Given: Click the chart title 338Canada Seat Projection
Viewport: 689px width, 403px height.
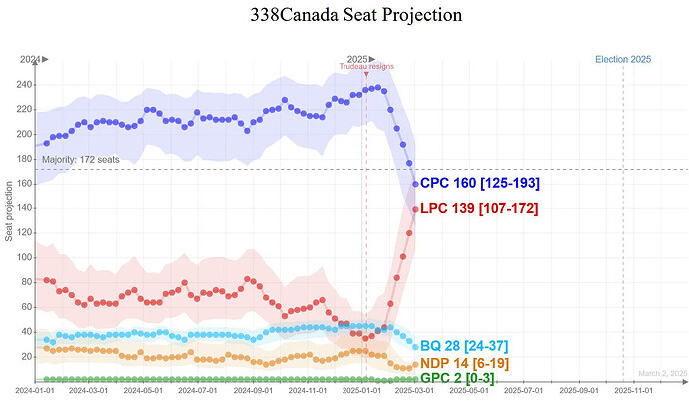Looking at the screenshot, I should [x=344, y=16].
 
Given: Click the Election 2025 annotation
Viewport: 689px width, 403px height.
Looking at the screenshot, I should [x=623, y=60].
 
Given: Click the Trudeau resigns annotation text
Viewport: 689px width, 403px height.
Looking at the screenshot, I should [x=366, y=67].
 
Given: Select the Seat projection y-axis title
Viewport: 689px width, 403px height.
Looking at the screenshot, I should [x=9, y=210].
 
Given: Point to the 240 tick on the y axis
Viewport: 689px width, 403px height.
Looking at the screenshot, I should [x=24, y=84].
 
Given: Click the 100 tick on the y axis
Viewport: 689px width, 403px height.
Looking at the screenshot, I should [x=24, y=257].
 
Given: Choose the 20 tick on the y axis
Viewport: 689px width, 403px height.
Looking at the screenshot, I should [x=26, y=356].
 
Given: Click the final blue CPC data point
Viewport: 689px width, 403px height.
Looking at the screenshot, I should [x=415, y=184].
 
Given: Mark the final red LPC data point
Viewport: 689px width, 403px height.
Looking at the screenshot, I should [x=415, y=209].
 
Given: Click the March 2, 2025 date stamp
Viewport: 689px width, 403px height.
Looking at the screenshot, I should [x=664, y=373].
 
